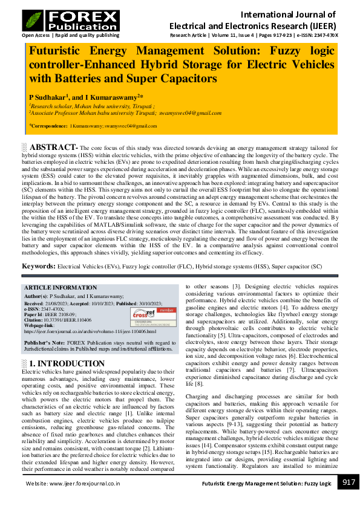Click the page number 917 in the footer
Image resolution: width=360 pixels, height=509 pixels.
click(x=348, y=482)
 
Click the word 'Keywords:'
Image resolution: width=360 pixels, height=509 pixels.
click(x=39, y=267)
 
